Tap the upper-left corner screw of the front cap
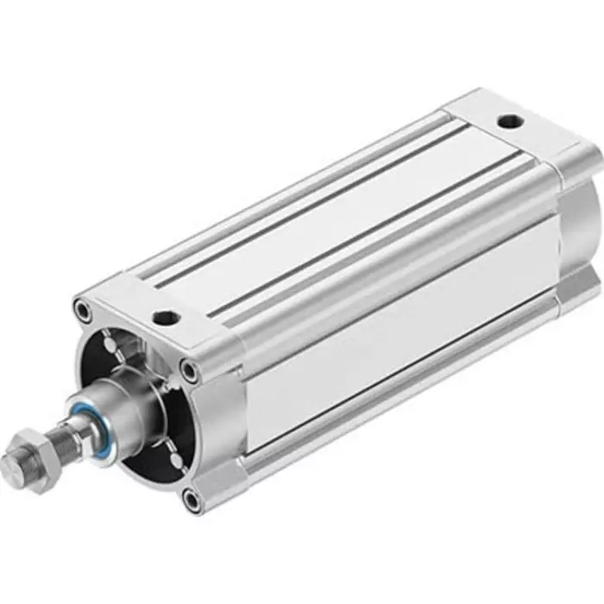click(81, 306)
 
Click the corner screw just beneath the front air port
click(188, 372)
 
